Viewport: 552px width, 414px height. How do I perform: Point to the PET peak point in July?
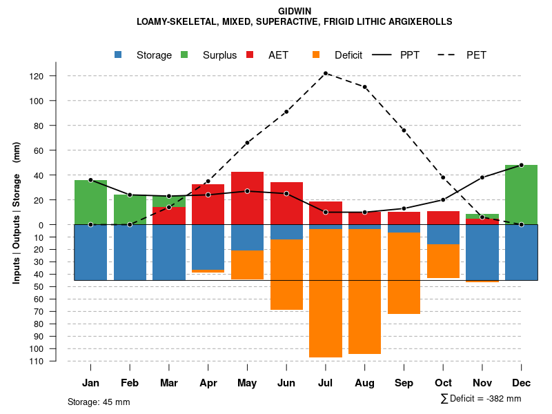pos(326,73)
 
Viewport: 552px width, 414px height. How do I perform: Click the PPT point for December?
pos(521,165)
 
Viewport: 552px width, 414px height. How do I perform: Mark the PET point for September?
pos(404,130)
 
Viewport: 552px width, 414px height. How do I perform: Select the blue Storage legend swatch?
pos(119,55)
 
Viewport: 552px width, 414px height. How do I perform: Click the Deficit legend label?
pos(348,55)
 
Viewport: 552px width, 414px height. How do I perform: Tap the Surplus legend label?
pos(219,55)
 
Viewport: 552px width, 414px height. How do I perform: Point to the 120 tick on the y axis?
pos(57,76)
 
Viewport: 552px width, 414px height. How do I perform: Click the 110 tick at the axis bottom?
pos(57,361)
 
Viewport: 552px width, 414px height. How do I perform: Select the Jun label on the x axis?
pos(286,383)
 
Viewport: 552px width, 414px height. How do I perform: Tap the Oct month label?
pos(443,383)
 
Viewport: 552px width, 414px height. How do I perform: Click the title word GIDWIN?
pos(295,12)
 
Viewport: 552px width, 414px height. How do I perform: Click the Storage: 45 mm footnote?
pos(99,402)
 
